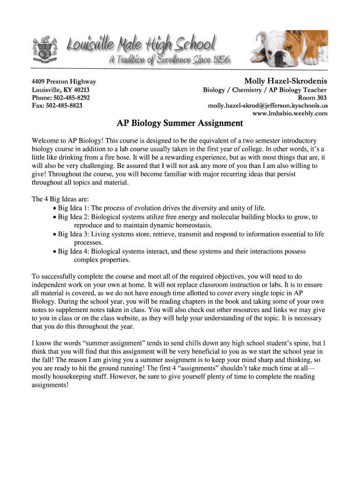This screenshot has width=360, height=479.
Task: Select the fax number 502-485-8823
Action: point(64,106)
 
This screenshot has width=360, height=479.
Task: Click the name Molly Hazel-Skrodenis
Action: point(286,81)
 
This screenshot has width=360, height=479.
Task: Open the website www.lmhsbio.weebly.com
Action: point(290,114)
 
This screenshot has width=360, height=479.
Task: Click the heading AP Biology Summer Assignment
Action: point(180,123)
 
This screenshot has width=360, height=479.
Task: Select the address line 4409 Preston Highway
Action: point(64,82)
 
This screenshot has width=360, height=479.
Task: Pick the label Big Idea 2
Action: point(73,217)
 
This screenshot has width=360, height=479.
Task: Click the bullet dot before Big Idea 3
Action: point(55,234)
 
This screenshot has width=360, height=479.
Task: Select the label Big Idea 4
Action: point(73,251)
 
